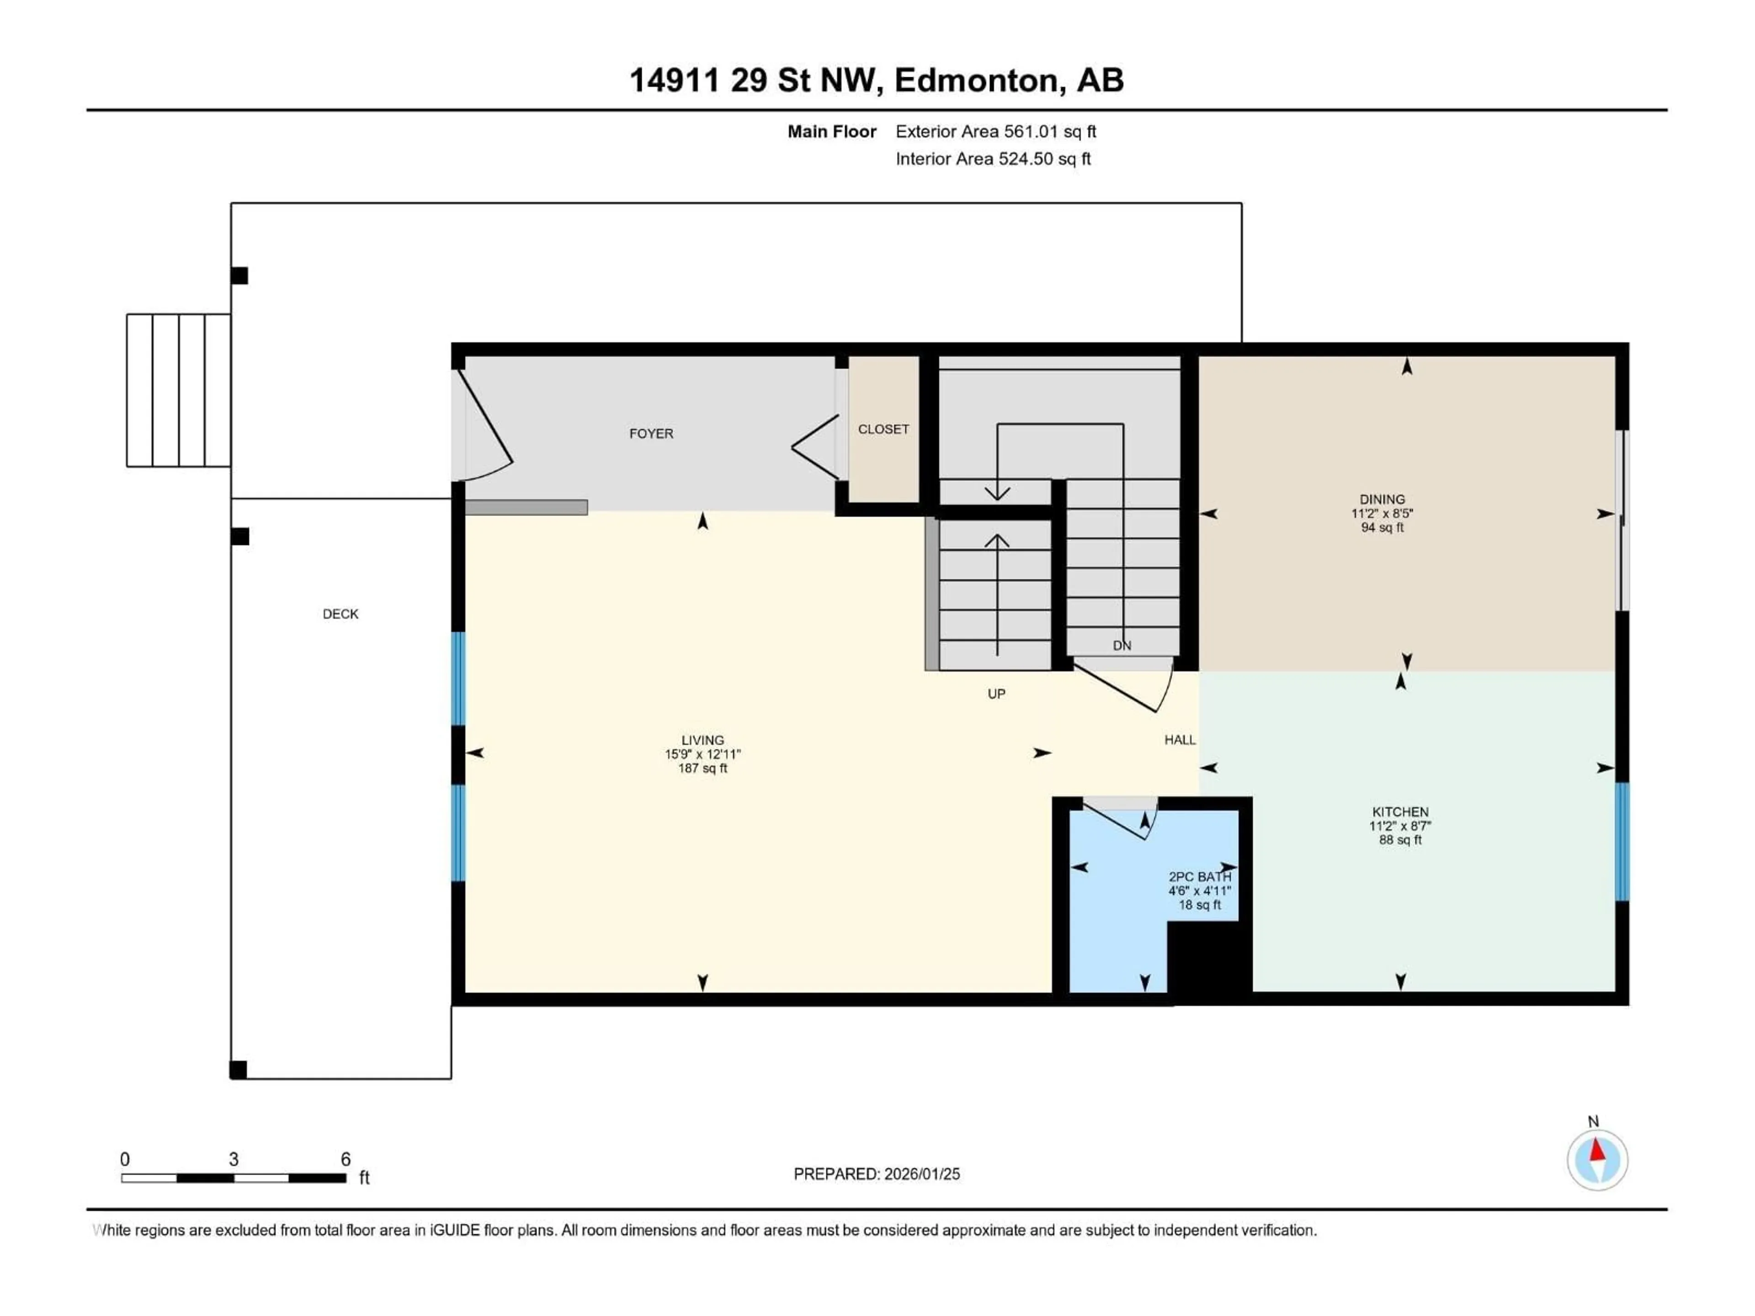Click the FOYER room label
pyautogui.click(x=651, y=433)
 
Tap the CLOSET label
pyautogui.click(x=883, y=429)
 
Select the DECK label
pyautogui.click(x=340, y=614)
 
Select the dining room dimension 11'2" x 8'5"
pyautogui.click(x=1382, y=513)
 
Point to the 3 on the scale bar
pyautogui.click(x=233, y=1159)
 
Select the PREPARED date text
pyautogui.click(x=876, y=1174)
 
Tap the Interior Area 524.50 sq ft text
pyautogui.click(x=993, y=159)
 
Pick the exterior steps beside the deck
pyautogui.click(x=179, y=389)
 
